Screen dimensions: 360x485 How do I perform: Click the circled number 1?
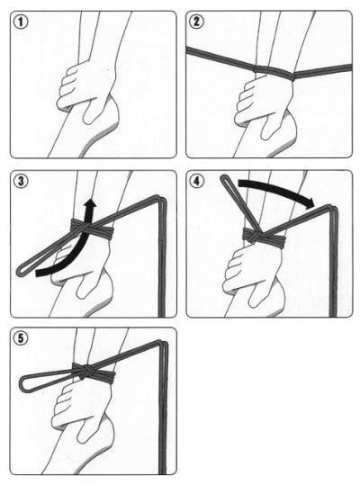click(x=21, y=22)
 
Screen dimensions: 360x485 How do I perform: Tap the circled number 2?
click(x=196, y=22)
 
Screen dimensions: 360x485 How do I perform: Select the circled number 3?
click(x=21, y=182)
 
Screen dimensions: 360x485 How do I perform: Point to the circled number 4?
click(x=197, y=182)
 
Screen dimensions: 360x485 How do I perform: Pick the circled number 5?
click(x=21, y=338)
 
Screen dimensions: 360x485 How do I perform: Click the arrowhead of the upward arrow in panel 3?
click(x=90, y=204)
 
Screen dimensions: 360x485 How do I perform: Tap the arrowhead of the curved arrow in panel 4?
click(x=310, y=203)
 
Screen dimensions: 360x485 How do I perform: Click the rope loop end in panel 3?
click(x=20, y=270)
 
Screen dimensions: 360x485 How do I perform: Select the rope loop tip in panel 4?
click(x=224, y=179)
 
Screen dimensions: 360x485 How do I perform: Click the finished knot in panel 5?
click(x=83, y=371)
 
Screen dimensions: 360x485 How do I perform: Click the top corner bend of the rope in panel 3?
click(x=161, y=200)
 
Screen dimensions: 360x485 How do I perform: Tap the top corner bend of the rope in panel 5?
click(x=162, y=344)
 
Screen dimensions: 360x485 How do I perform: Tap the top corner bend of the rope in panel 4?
click(x=333, y=209)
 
